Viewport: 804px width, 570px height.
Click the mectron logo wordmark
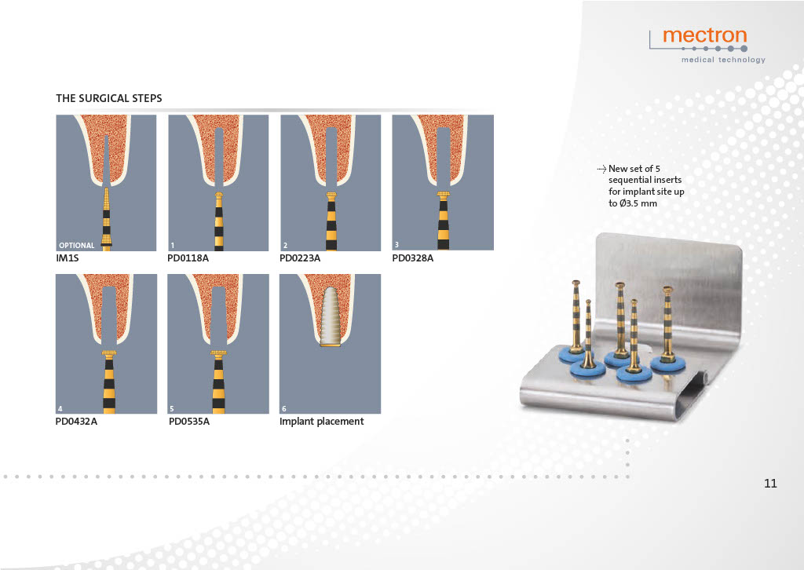pyautogui.click(x=704, y=36)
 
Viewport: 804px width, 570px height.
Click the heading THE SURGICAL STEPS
pyautogui.click(x=108, y=98)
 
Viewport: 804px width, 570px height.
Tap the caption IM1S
pyautogui.click(x=68, y=258)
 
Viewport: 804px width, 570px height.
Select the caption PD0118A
pyautogui.click(x=188, y=258)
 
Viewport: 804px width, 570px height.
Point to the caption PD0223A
pyautogui.click(x=299, y=258)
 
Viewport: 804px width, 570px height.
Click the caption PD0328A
pyautogui.click(x=412, y=258)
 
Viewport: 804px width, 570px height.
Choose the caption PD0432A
pyautogui.click(x=76, y=422)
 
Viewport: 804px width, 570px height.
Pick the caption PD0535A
pyautogui.click(x=188, y=422)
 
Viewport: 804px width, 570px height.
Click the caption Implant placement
pyautogui.click(x=321, y=422)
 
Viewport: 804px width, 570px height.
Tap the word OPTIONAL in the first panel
pyautogui.click(x=76, y=246)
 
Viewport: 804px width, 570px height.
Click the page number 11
pyautogui.click(x=770, y=484)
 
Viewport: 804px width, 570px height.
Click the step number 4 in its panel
pyautogui.click(x=60, y=408)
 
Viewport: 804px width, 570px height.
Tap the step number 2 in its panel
pyautogui.click(x=285, y=246)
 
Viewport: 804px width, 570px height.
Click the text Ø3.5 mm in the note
pyautogui.click(x=638, y=203)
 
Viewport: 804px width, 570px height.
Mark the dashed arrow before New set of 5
pyautogui.click(x=601, y=169)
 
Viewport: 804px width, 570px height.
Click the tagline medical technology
pyautogui.click(x=723, y=60)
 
